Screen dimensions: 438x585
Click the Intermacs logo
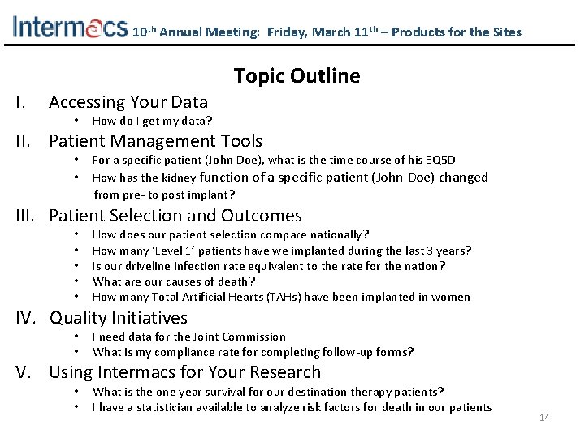70,28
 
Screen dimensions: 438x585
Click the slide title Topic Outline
297,76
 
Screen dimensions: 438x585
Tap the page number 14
544,418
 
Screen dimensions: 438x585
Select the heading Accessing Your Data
128,102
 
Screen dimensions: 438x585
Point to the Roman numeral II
22,142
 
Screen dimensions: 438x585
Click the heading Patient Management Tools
155,142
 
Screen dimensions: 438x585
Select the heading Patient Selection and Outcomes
175,216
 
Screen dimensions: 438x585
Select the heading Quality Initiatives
118,318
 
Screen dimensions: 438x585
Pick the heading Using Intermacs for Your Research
184,372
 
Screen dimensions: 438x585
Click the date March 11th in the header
341,32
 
